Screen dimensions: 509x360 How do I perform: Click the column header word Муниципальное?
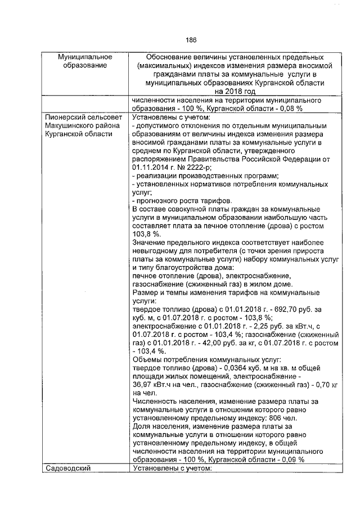85,57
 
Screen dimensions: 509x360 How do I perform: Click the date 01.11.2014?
150,167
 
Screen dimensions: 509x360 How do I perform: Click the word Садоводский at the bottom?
67,467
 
